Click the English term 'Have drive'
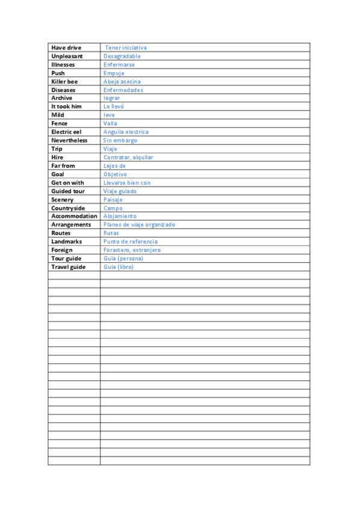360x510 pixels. coord(66,48)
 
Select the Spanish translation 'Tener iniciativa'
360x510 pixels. coord(126,48)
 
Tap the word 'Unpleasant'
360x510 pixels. coord(67,56)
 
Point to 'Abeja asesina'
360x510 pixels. coord(122,81)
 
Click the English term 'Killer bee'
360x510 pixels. coord(64,81)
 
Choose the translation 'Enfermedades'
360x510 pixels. coord(123,90)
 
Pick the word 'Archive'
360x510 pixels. coord(62,98)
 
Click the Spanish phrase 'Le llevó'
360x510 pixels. coord(114,106)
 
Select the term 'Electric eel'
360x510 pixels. coord(66,132)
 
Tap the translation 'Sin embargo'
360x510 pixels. coord(120,140)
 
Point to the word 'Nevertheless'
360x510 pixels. coord(69,140)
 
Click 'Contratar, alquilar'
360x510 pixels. coord(128,158)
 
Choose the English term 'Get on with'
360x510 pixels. coord(68,183)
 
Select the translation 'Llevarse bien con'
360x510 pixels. coord(127,183)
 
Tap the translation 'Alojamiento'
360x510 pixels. coord(120,216)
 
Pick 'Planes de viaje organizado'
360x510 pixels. coord(139,224)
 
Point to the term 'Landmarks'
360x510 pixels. coord(67,242)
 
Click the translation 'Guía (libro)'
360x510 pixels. coord(118,267)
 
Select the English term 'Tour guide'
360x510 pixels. coord(66,259)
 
